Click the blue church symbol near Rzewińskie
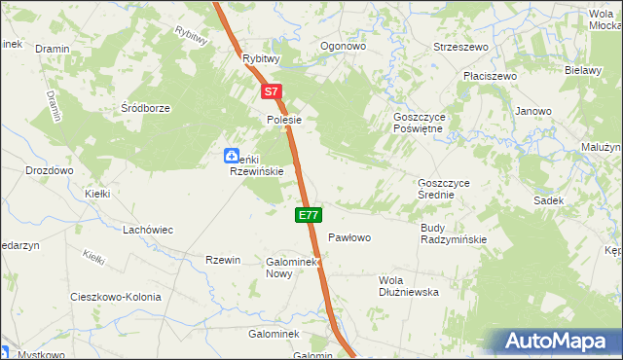(x=232, y=155)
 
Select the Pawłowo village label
(x=349, y=237)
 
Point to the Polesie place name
(x=286, y=120)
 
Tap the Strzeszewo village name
(x=460, y=46)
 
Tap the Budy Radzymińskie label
(x=453, y=234)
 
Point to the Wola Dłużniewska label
(x=408, y=285)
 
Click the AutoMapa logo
(x=560, y=341)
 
